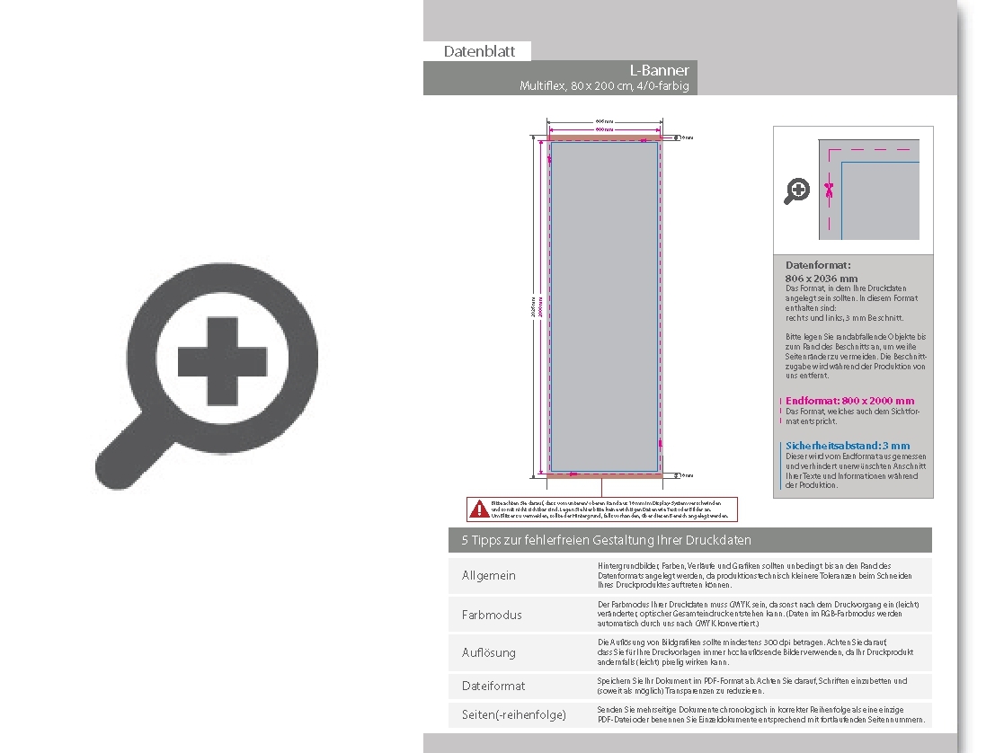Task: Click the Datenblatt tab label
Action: pyautogui.click(x=479, y=51)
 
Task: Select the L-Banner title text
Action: pyautogui.click(x=660, y=70)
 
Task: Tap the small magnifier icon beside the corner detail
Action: pyautogui.click(x=796, y=190)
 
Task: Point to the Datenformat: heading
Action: pyautogui.click(x=818, y=266)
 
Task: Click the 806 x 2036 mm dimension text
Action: pyautogui.click(x=822, y=279)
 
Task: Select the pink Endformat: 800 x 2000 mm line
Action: pyautogui.click(x=849, y=401)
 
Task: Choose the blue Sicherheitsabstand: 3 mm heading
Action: pyautogui.click(x=848, y=446)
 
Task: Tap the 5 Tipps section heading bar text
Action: pyautogui.click(x=607, y=540)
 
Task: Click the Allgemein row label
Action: pyautogui.click(x=489, y=575)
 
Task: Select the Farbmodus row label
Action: pyautogui.click(x=492, y=615)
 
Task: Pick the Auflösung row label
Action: pyautogui.click(x=489, y=652)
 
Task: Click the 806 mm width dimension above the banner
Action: pyautogui.click(x=605, y=120)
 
